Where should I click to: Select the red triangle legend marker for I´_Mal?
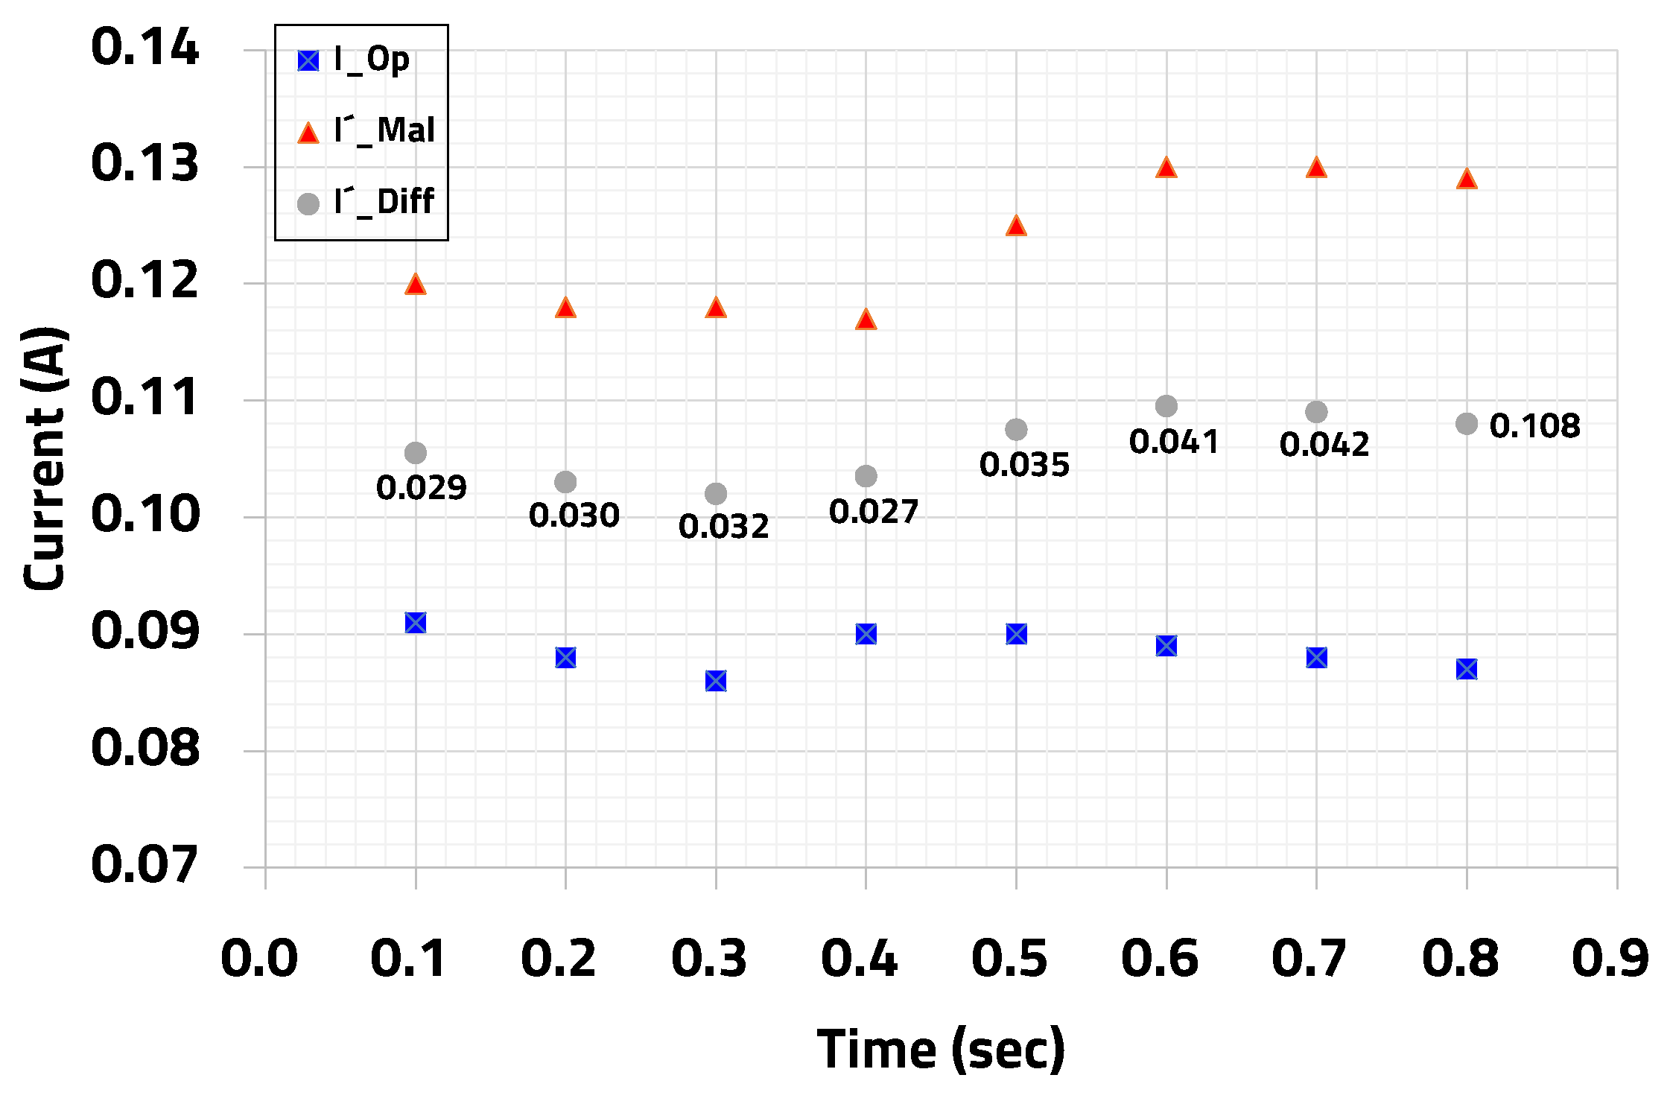pos(308,133)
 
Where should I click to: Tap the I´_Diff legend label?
pos(384,202)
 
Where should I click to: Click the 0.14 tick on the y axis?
pos(145,48)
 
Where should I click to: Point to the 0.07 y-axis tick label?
pos(145,865)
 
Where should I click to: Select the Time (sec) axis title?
pos(941,1049)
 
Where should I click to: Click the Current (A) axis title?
pos(45,458)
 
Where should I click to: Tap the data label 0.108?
pos(1534,426)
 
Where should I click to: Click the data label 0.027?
pos(874,512)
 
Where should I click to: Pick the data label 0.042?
pos(1324,445)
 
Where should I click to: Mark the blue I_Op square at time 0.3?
pos(716,681)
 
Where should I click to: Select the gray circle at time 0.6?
pos(1166,406)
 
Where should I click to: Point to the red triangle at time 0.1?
pos(416,285)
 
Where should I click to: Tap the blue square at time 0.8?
pos(1467,669)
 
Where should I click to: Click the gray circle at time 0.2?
pos(565,482)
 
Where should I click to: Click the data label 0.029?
pos(422,488)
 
